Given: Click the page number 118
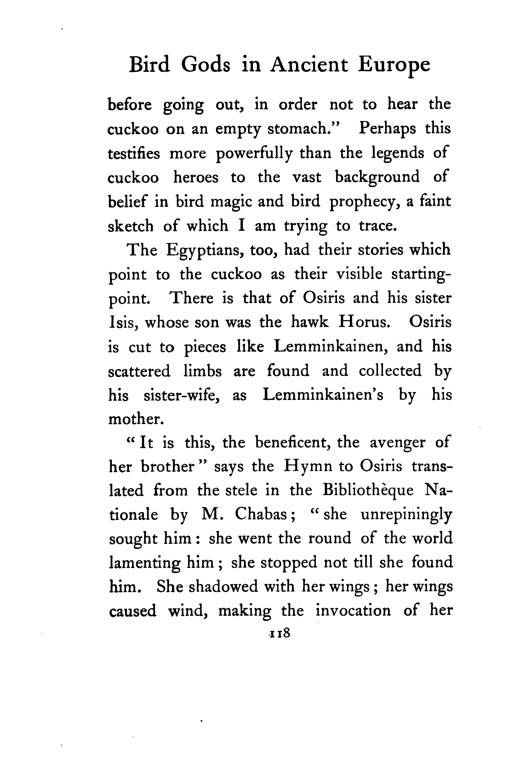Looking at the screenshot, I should (x=279, y=633).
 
